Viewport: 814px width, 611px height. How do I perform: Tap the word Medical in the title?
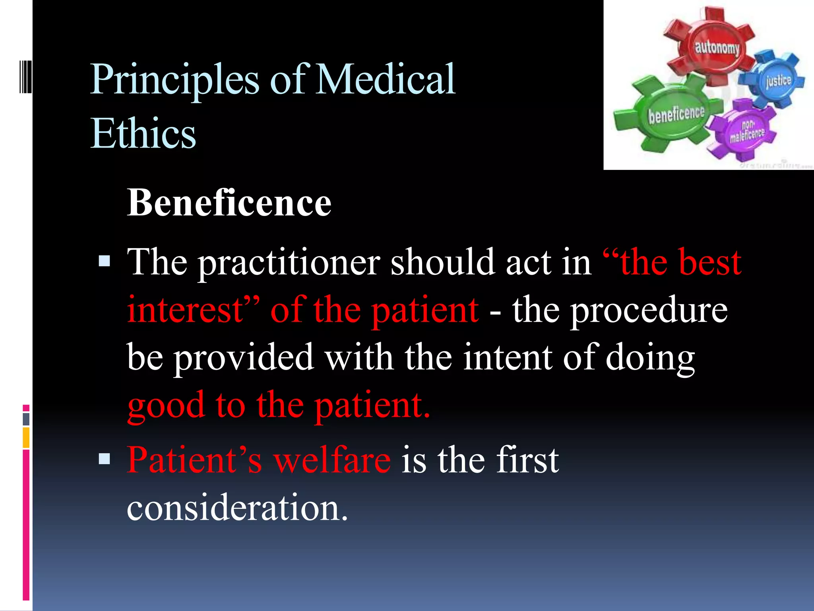[x=386, y=80]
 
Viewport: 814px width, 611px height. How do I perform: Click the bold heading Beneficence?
[x=229, y=203]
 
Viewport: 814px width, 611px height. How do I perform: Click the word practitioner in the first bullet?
[x=289, y=263]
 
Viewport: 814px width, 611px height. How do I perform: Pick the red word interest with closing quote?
[x=193, y=310]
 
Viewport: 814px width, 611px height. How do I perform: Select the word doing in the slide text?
[x=650, y=358]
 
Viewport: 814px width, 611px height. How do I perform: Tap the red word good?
[x=166, y=406]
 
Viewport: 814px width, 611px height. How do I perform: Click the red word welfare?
[x=332, y=460]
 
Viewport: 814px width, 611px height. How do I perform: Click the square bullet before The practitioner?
[x=105, y=261]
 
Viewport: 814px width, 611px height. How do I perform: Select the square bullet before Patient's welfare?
[x=105, y=459]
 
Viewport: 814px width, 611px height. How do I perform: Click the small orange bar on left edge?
[x=26, y=438]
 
